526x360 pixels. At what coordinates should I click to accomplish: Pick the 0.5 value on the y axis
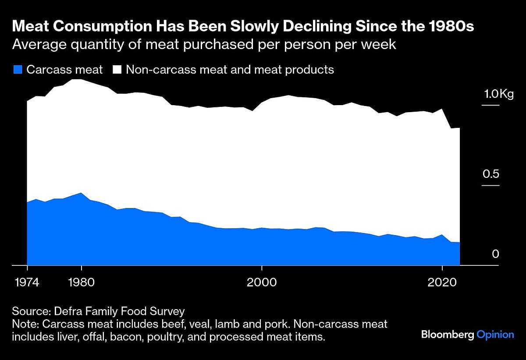(x=491, y=174)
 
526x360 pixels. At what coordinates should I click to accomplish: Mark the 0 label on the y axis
(x=495, y=254)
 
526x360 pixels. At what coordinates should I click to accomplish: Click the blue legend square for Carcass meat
(x=18, y=69)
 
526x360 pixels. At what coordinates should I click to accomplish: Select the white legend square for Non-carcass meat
(x=117, y=69)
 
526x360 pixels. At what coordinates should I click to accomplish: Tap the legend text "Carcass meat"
(x=64, y=69)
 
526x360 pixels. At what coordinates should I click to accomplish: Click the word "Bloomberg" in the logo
(x=448, y=335)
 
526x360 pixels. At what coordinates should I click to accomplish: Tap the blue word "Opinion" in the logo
(x=495, y=335)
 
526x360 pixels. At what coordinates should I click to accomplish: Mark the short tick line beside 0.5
(x=490, y=186)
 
